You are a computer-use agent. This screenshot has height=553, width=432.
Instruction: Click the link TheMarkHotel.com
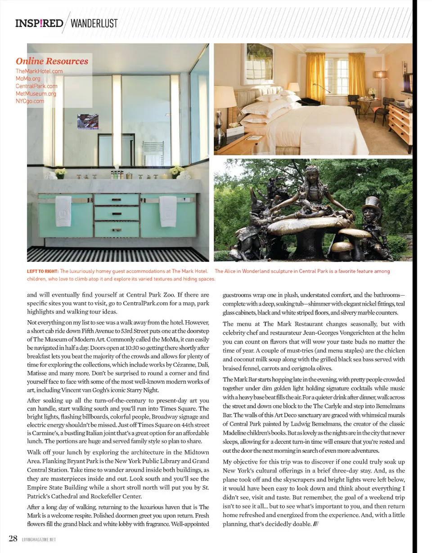click(39, 71)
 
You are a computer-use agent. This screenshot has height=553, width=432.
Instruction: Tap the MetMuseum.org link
click(36, 93)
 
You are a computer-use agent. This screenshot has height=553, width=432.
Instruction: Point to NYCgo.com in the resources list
click(30, 101)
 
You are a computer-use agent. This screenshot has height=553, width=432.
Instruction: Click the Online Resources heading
click(52, 61)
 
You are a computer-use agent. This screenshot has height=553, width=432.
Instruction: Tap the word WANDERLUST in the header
click(94, 23)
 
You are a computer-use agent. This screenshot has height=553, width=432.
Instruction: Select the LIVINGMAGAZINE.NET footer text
click(39, 539)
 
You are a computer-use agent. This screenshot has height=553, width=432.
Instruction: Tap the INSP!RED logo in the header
click(39, 23)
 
